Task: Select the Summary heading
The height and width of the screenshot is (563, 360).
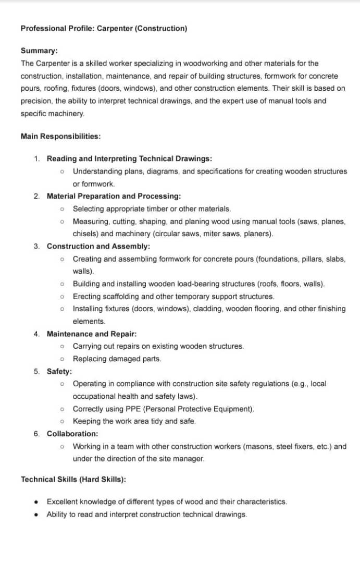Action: tap(39, 51)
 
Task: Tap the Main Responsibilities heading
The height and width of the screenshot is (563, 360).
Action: tap(60, 136)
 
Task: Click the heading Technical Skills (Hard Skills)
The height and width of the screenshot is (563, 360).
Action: tap(73, 479)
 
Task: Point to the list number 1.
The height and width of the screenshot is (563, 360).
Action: tap(36, 158)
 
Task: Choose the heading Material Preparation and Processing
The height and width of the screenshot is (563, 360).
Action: tap(114, 196)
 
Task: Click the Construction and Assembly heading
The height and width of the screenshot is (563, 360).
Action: tap(98, 246)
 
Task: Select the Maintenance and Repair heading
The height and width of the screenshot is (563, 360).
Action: tap(92, 334)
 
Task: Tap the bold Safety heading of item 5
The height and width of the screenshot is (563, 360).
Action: tap(59, 371)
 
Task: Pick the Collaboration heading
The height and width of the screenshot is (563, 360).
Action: tap(72, 434)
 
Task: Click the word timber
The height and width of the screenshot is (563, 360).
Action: tap(147, 209)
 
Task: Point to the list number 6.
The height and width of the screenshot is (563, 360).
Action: tap(36, 434)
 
